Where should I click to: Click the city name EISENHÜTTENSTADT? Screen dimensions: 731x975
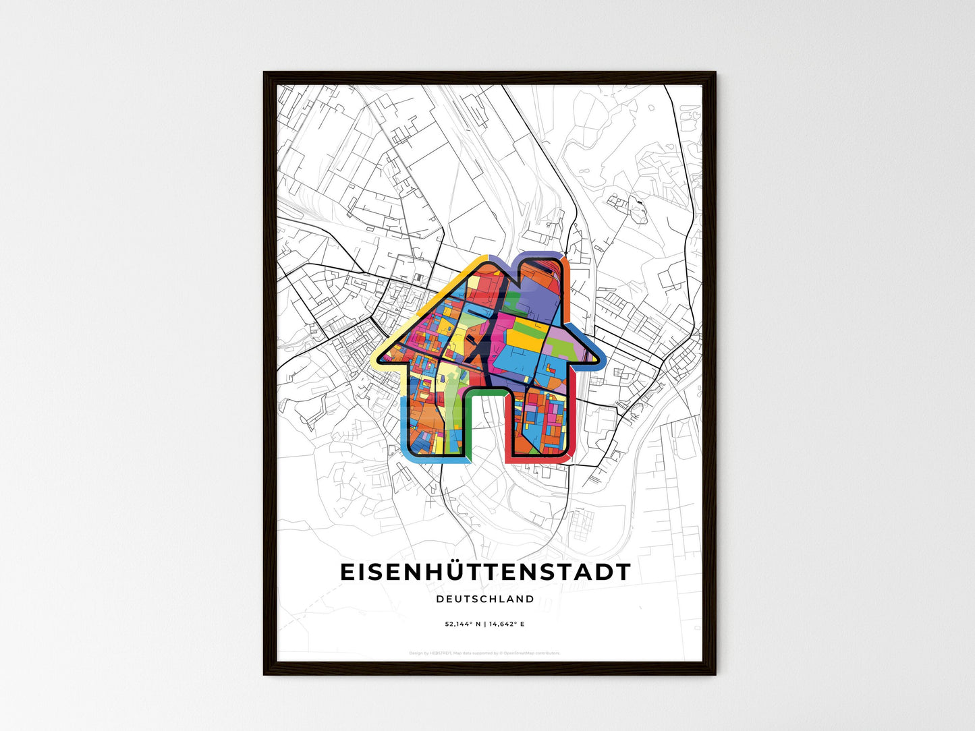[485, 572]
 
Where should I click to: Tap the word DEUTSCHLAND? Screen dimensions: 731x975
[485, 599]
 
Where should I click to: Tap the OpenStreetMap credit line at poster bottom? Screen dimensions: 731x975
[485, 653]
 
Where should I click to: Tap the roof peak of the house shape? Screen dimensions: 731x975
[484, 260]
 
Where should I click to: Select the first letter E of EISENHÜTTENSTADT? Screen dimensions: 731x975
[347, 572]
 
